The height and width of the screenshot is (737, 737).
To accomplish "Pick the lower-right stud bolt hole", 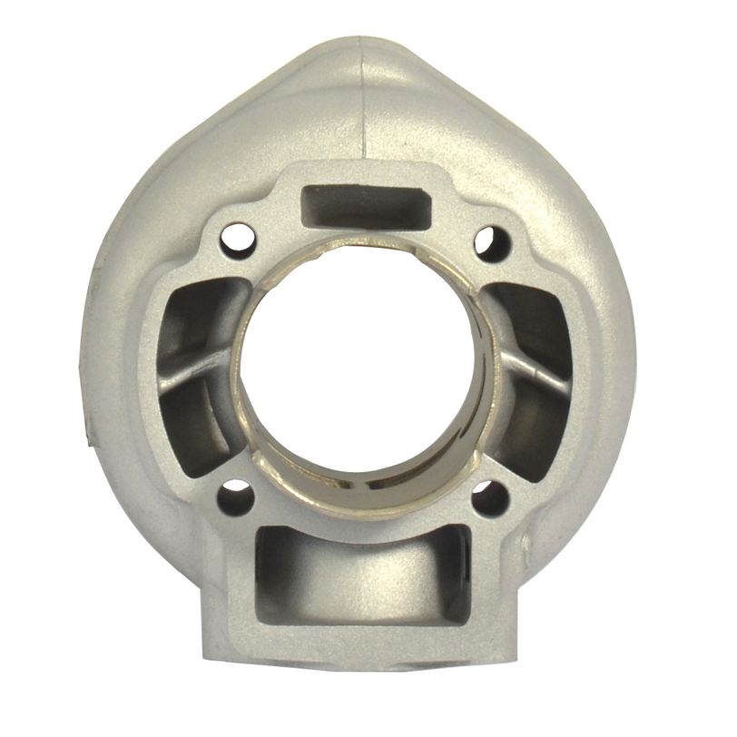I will click(x=495, y=497).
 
